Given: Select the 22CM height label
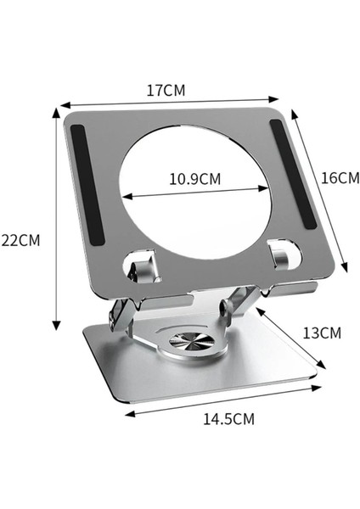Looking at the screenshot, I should pos(20,239).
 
